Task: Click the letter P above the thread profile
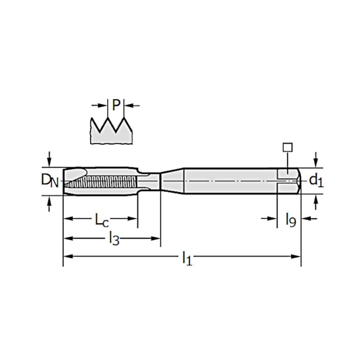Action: [115, 105]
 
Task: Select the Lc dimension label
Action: [101, 219]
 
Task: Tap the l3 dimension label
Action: [113, 239]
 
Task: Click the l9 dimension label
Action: [290, 219]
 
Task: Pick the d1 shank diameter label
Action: [316, 180]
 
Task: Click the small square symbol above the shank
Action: [287, 147]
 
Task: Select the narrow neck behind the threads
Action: [149, 180]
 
